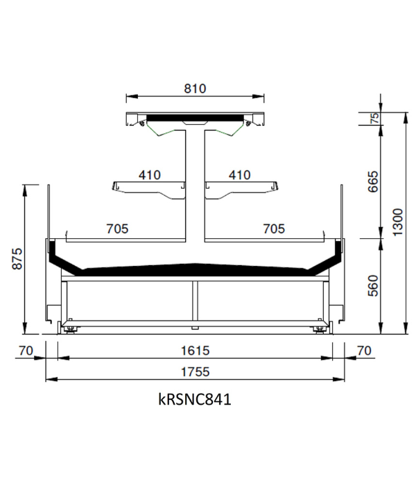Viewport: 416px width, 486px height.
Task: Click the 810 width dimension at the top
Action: (x=195, y=89)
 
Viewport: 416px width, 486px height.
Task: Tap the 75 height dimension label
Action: (x=374, y=118)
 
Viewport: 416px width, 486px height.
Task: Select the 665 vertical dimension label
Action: (x=373, y=182)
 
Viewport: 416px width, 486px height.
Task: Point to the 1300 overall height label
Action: (x=398, y=222)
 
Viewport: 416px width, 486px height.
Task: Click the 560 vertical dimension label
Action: (x=373, y=286)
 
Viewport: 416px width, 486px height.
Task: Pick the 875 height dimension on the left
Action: (x=17, y=258)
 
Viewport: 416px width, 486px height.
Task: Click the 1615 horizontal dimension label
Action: (x=196, y=351)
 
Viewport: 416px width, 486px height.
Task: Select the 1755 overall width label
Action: (x=196, y=371)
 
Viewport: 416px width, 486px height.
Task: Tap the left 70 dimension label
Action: (x=26, y=351)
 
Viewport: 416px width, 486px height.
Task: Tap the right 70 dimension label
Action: (x=364, y=351)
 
